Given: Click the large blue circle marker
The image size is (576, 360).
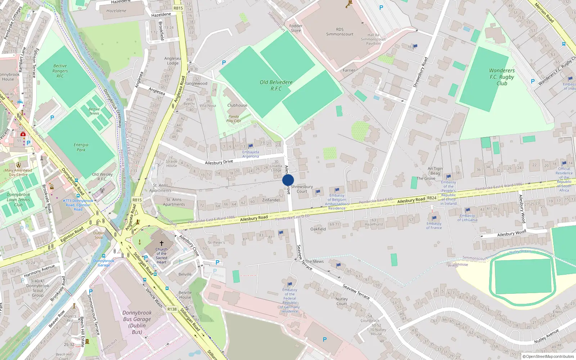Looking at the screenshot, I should click(288, 180).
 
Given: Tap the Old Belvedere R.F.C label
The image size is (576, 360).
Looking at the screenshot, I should click(276, 85).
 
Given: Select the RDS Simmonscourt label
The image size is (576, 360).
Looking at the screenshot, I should click(339, 32).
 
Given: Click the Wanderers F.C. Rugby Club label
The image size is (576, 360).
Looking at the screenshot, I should click(501, 77).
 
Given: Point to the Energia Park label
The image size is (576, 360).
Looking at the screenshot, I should click(81, 147).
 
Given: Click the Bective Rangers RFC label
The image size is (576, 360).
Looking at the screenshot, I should click(60, 71).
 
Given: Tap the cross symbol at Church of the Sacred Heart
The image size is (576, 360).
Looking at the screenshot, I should click(162, 243).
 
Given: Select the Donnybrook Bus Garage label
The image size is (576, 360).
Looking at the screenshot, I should click(137, 322).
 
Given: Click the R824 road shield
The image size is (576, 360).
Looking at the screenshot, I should click(432, 198).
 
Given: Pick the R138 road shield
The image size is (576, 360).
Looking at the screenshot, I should click(172, 309).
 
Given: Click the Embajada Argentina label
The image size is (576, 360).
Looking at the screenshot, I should click(251, 154).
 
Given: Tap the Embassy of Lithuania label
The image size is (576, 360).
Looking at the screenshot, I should click(467, 217).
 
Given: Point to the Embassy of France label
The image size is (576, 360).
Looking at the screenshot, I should click(434, 225).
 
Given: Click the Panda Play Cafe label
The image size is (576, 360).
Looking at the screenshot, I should click(234, 118).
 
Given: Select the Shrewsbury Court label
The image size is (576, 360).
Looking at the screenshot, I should click(302, 189).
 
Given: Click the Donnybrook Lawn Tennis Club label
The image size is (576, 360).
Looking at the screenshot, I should click(18, 199).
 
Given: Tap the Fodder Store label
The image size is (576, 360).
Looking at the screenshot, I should click(296, 28).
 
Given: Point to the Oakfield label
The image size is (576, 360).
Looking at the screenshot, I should click(318, 229).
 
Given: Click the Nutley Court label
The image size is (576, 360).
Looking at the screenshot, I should click(342, 301).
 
